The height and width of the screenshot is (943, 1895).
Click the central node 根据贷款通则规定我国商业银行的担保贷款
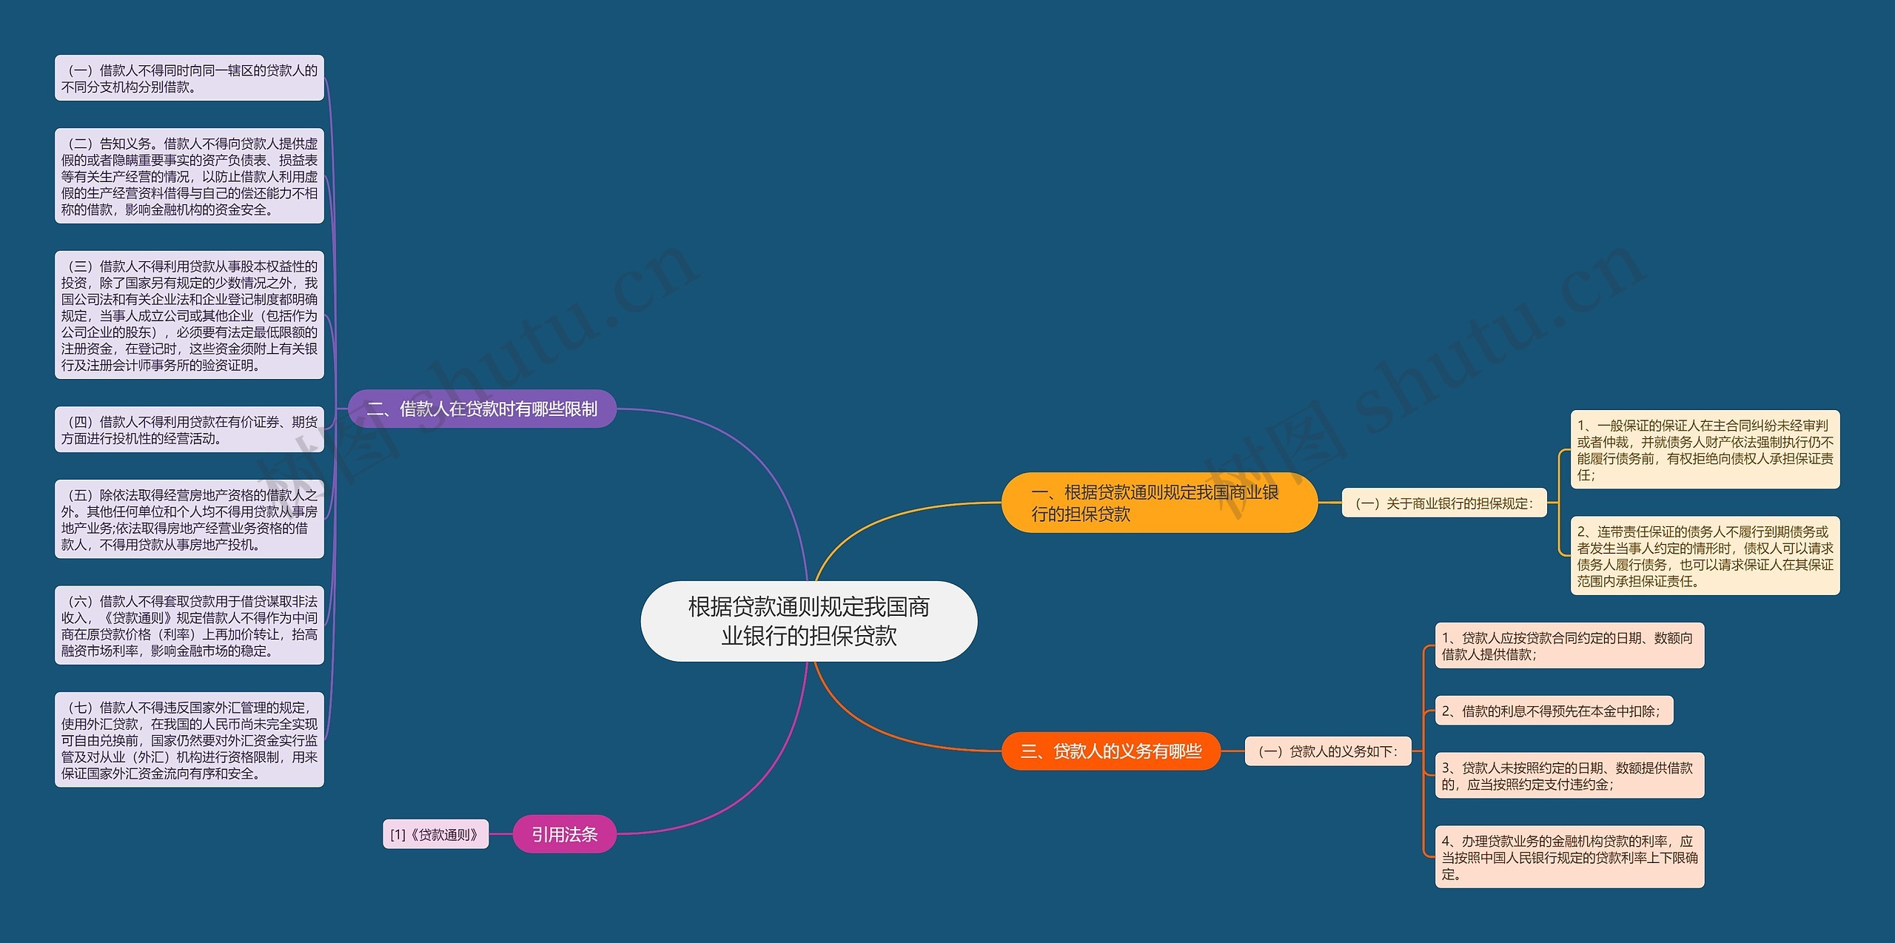[808, 621]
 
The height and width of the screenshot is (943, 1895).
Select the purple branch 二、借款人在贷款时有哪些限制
[482, 409]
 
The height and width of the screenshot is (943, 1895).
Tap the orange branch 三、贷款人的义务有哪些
[1110, 751]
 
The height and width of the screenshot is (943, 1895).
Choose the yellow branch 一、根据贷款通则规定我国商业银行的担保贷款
[1158, 503]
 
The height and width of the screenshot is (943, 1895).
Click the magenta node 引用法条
[564, 834]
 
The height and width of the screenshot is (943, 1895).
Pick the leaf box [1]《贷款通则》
[435, 834]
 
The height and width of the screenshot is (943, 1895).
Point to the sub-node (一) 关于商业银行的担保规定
[1443, 503]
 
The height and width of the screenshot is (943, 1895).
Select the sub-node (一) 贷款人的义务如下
[1328, 751]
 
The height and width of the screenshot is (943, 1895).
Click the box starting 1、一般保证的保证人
[1705, 449]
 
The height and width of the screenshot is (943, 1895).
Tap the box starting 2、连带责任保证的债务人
[1705, 556]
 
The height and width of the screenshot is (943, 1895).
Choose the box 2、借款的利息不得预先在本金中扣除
[1554, 711]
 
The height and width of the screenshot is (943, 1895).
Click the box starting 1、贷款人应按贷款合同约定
[1569, 645]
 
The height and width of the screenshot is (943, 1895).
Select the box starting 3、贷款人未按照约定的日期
[1569, 776]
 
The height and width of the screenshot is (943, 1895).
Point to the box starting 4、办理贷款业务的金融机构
[1569, 857]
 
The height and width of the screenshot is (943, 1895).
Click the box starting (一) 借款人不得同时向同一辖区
[189, 78]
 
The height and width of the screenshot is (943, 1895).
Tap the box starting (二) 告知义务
[189, 176]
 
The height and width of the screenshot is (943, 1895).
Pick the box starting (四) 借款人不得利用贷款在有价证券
[189, 429]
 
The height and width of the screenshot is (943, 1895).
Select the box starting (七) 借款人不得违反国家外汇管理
[189, 740]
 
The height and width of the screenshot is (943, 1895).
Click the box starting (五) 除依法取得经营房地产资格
[189, 519]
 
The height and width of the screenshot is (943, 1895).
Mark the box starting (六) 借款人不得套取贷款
[189, 625]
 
